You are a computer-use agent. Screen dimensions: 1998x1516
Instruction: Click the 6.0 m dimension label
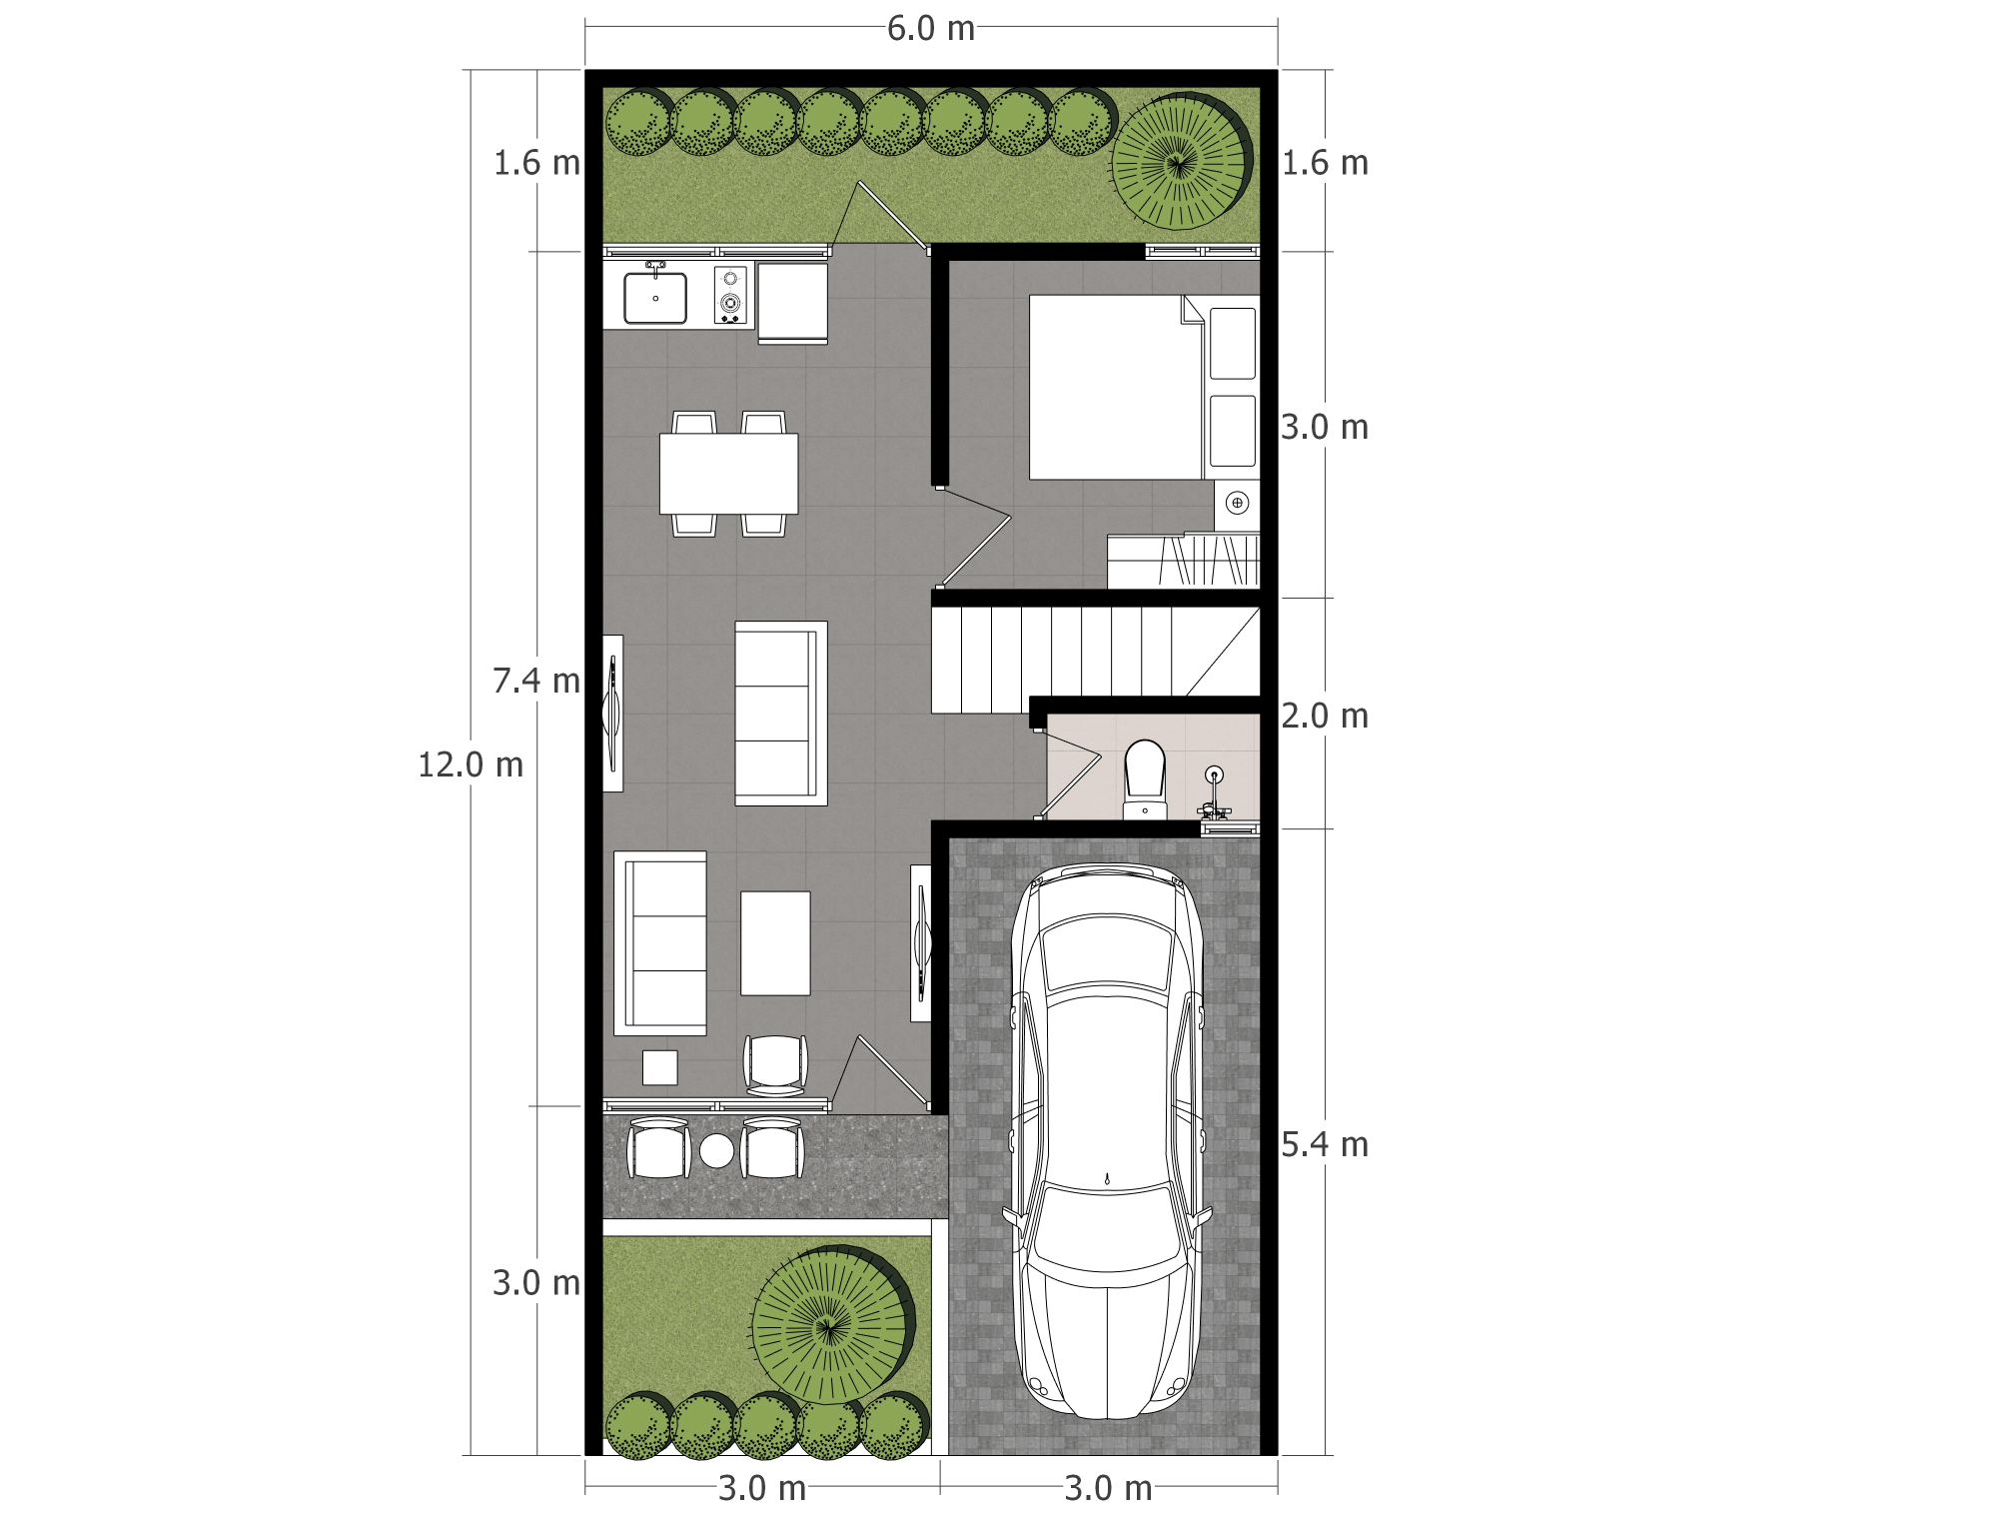(x=930, y=29)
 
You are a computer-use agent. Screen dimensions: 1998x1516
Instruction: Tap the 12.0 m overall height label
(x=471, y=764)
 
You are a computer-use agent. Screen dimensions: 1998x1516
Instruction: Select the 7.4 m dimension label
(x=535, y=681)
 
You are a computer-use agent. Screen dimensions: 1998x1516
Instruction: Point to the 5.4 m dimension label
(x=1325, y=1144)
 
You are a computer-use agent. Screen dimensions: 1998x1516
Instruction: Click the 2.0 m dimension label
(x=1325, y=716)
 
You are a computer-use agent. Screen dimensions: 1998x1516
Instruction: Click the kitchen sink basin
(x=655, y=297)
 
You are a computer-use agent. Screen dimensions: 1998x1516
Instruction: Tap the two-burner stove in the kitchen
(x=731, y=295)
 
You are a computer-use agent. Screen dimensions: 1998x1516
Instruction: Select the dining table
(x=728, y=473)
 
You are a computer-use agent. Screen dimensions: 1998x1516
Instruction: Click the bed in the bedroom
(x=1116, y=387)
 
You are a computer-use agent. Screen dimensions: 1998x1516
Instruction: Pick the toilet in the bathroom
(x=1145, y=778)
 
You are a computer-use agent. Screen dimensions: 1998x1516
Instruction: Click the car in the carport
(x=1108, y=1140)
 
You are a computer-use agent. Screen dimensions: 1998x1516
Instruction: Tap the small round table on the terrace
(x=716, y=1151)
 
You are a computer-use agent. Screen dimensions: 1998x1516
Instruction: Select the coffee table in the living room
(x=775, y=943)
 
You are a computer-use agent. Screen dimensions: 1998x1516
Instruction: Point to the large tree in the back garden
(x=1182, y=161)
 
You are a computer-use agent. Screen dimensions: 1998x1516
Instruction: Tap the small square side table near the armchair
(x=659, y=1067)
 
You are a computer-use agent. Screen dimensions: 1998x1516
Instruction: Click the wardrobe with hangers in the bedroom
(x=1184, y=561)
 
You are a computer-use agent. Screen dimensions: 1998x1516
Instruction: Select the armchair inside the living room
(x=775, y=1065)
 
